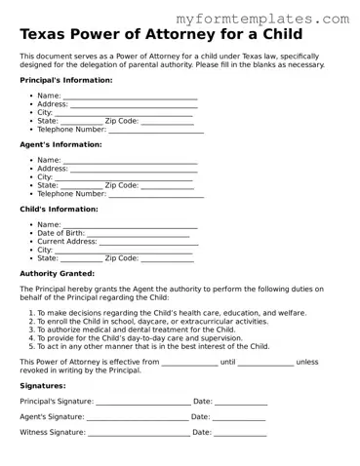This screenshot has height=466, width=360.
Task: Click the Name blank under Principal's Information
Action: (130, 97)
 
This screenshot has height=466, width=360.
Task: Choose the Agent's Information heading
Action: (60, 144)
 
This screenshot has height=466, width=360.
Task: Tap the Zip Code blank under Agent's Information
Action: (168, 185)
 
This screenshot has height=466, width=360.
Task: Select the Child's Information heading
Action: (59, 209)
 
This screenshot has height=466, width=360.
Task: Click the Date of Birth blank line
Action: (139, 234)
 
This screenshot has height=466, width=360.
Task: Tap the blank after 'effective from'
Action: (189, 362)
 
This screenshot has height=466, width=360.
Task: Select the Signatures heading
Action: (43, 385)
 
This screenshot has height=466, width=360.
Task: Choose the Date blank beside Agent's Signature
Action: (240, 417)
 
